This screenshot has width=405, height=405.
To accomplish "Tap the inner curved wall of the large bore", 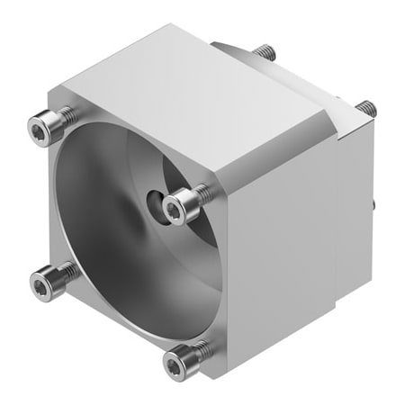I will (x=99, y=180).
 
